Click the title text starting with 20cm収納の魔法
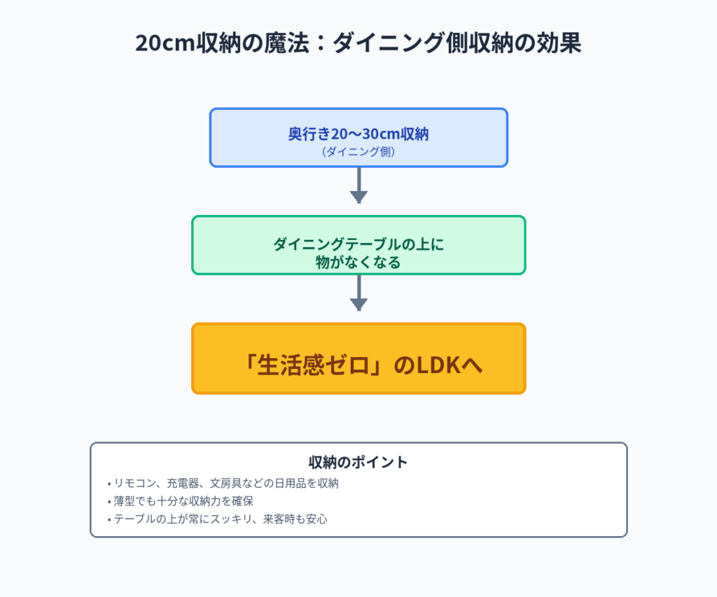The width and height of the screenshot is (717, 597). pos(358,43)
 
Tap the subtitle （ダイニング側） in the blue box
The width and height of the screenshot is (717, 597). pos(358,151)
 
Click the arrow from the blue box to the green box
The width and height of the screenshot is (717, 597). pos(358,186)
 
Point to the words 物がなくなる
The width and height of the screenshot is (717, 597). pos(358,263)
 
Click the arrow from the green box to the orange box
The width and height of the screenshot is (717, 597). pos(358,294)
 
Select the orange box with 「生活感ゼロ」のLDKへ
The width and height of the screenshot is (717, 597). pos(358,358)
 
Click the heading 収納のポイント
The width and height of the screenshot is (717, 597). pos(358,462)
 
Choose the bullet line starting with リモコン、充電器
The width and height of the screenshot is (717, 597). pos(223,483)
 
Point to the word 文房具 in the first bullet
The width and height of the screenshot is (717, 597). pos(236,483)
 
